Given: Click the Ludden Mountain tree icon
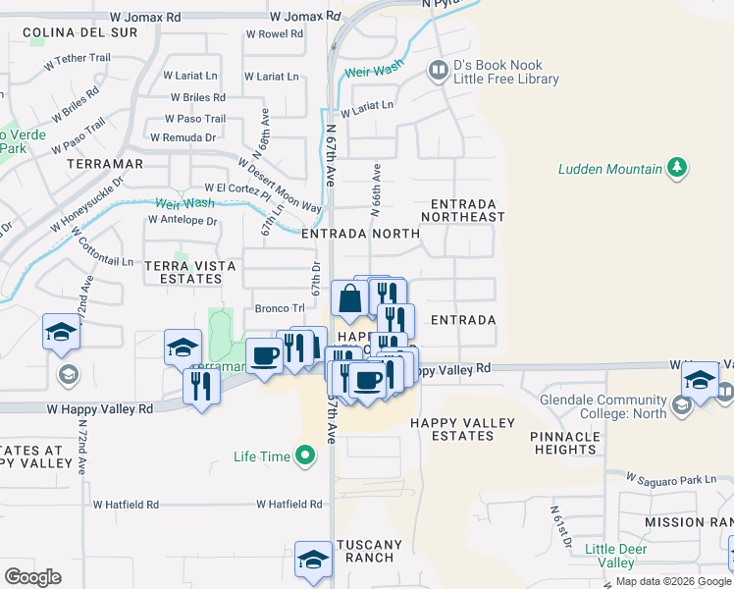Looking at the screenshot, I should pos(676,168).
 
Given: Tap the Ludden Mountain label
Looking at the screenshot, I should pos(610,169).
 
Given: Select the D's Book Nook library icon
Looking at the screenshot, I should pos(437,71).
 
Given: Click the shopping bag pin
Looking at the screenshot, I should pos(349,298).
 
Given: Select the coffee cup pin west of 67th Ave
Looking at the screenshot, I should pos(263,354).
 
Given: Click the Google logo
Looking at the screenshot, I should pos(32,577).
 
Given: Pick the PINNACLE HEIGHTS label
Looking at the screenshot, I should pos(566,443).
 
